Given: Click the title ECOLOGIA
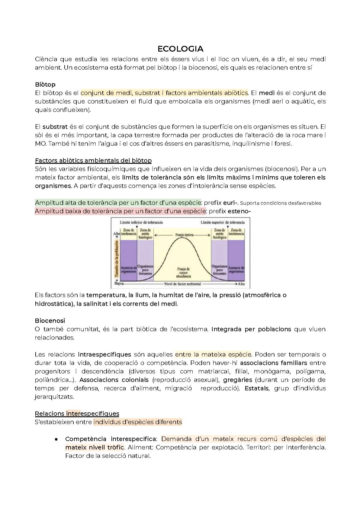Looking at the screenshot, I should pyautogui.click(x=180, y=49).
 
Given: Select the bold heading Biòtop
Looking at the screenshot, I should pyautogui.click(x=45, y=84).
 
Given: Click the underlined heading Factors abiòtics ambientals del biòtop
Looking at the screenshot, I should pyautogui.click(x=93, y=161).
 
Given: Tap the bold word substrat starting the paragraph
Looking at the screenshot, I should pyautogui.click(x=55, y=127).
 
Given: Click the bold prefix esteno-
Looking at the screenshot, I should pyautogui.click(x=239, y=211).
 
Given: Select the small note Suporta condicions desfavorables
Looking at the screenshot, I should pyautogui.click(x=280, y=203).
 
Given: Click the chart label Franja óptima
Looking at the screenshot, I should pyautogui.click(x=184, y=235).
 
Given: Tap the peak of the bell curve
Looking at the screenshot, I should pyautogui.click(x=182, y=239).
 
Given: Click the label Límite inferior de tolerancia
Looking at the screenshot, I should pyautogui.click(x=141, y=222).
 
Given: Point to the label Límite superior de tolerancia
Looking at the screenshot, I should pyautogui.click(x=223, y=222).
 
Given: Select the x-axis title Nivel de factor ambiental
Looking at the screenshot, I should pyautogui.click(x=182, y=284).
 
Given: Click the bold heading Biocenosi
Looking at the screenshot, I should pyautogui.click(x=50, y=320).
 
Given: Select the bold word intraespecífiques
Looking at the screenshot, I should pyautogui.click(x=104, y=354).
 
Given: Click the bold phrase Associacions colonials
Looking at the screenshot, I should pyautogui.click(x=114, y=380).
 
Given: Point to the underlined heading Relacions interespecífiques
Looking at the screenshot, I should pyautogui.click(x=77, y=413).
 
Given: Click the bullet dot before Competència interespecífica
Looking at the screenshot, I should pyautogui.click(x=56, y=439).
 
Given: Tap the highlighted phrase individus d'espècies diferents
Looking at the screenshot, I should pyautogui.click(x=138, y=422).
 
